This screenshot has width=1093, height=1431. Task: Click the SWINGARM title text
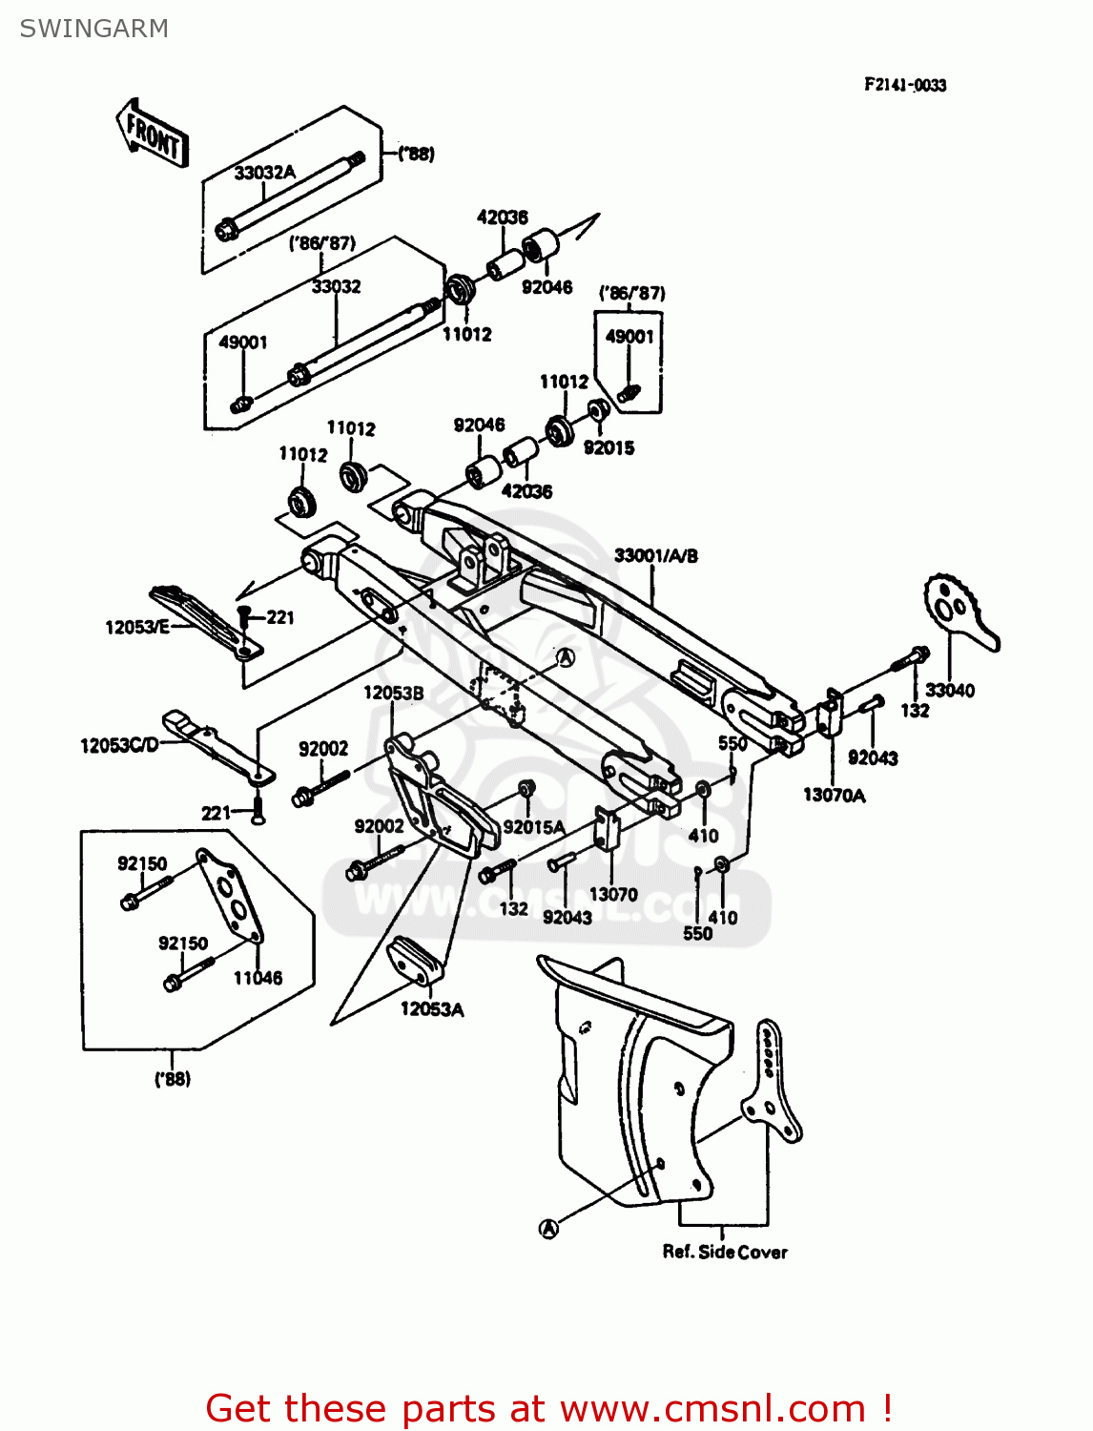click(x=93, y=29)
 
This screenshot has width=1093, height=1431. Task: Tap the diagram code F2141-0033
click(x=904, y=85)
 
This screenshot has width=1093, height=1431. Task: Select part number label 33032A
click(x=264, y=173)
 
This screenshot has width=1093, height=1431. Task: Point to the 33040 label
click(x=949, y=690)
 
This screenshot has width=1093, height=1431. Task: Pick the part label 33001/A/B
click(x=655, y=555)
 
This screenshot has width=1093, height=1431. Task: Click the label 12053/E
click(x=136, y=627)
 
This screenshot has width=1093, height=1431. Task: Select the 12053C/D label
click(x=119, y=745)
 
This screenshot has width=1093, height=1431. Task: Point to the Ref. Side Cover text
click(x=725, y=1252)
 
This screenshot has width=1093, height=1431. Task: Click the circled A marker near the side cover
click(x=548, y=1229)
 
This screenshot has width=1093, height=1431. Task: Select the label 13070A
click(x=834, y=795)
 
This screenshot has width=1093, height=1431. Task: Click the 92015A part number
click(x=533, y=827)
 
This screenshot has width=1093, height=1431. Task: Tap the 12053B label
click(x=393, y=693)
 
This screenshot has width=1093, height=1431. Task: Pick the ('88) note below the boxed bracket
click(x=173, y=1079)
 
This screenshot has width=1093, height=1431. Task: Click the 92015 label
click(x=608, y=447)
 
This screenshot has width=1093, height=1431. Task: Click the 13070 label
click(x=612, y=894)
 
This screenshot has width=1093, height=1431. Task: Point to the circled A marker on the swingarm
click(x=566, y=657)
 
